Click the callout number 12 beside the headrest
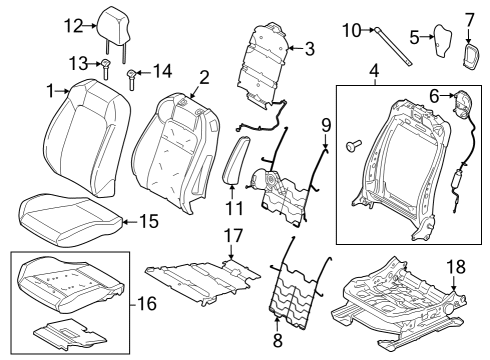coord(73,25)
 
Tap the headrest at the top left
coord(111,22)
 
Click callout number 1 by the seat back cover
coord(50,92)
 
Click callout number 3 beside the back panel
coord(310,46)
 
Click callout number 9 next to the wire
coord(325,126)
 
